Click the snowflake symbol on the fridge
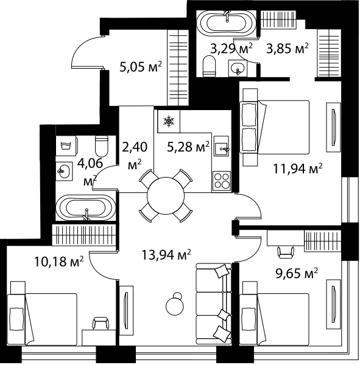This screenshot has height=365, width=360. pyautogui.click(x=169, y=122)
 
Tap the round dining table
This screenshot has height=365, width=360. pyautogui.click(x=166, y=196)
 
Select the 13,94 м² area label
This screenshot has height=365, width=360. pyautogui.click(x=166, y=255)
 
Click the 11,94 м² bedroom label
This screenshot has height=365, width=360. pyautogui.click(x=298, y=169)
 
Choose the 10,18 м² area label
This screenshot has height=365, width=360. pyautogui.click(x=58, y=262)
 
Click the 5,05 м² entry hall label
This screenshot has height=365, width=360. pyautogui.click(x=141, y=67)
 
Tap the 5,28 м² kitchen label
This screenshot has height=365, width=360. pyautogui.click(x=188, y=147)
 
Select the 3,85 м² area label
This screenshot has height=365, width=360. pyautogui.click(x=288, y=49)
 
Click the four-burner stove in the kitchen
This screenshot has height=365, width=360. pyautogui.click(x=222, y=181)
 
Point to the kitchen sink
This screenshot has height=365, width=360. pyautogui.click(x=222, y=146)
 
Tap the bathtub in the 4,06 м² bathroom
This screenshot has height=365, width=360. pyautogui.click(x=85, y=207)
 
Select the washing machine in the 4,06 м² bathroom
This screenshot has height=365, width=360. pyautogui.click(x=66, y=146)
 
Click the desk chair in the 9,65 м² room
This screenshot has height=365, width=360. pyautogui.click(x=286, y=252)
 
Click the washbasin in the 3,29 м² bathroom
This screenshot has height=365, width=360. pyautogui.click(x=238, y=68)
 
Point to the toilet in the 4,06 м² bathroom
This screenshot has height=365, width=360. pyautogui.click(x=102, y=146)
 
